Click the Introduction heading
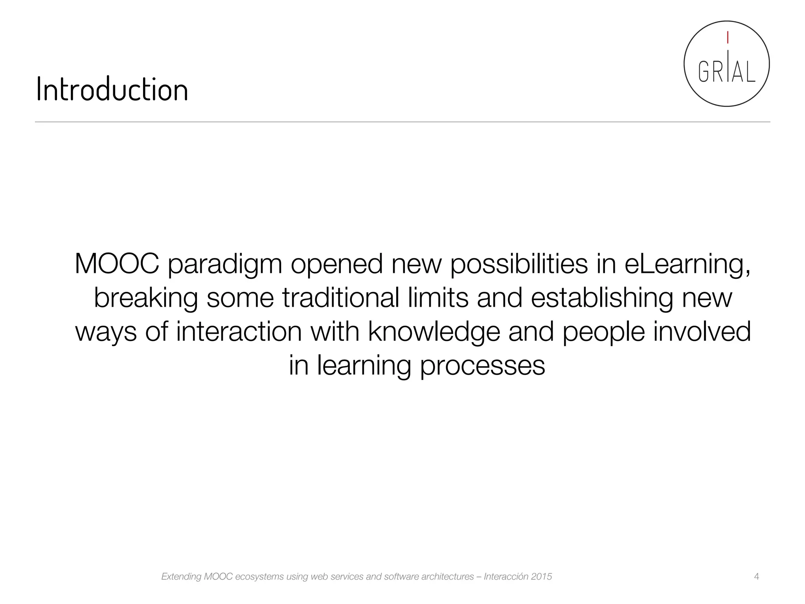coord(112,90)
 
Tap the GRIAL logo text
coord(726,72)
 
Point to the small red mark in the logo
coord(728,37)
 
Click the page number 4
coord(757,576)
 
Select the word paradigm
coord(225,264)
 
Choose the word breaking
coord(145,298)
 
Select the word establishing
coord(602,298)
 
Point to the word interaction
coord(239,331)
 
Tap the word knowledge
coord(434,332)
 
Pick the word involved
coord(702,331)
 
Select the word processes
coord(482,366)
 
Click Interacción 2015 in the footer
coord(518,576)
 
